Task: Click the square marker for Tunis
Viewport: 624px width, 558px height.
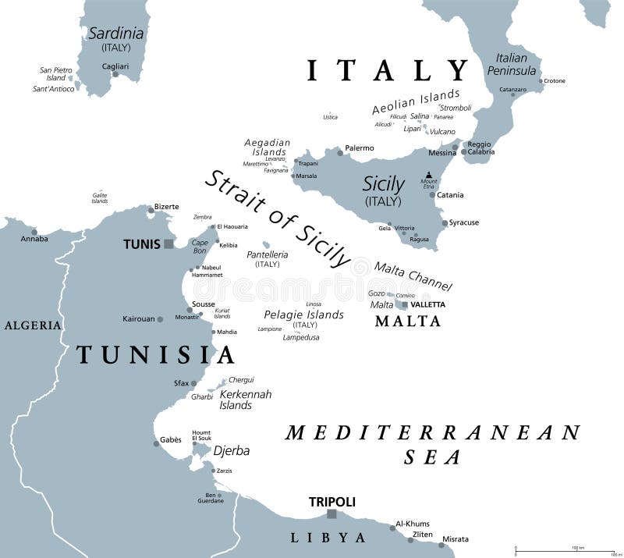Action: coord(168,244)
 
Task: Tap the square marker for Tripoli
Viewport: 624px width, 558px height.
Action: coord(331,514)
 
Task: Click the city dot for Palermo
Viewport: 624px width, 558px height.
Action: coord(339,149)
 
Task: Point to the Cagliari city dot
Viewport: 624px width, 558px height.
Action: coord(115,75)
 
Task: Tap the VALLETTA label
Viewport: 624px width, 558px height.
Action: coord(427,304)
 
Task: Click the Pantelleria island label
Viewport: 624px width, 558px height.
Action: coord(267,254)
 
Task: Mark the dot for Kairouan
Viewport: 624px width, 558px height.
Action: coord(160,319)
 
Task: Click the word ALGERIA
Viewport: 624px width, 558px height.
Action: coord(33,325)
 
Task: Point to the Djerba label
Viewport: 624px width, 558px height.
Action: coord(232,450)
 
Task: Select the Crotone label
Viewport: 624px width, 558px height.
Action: coord(554,81)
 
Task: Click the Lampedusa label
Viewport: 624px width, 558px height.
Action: coord(301,337)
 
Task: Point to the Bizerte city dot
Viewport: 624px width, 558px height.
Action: coord(151,209)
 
